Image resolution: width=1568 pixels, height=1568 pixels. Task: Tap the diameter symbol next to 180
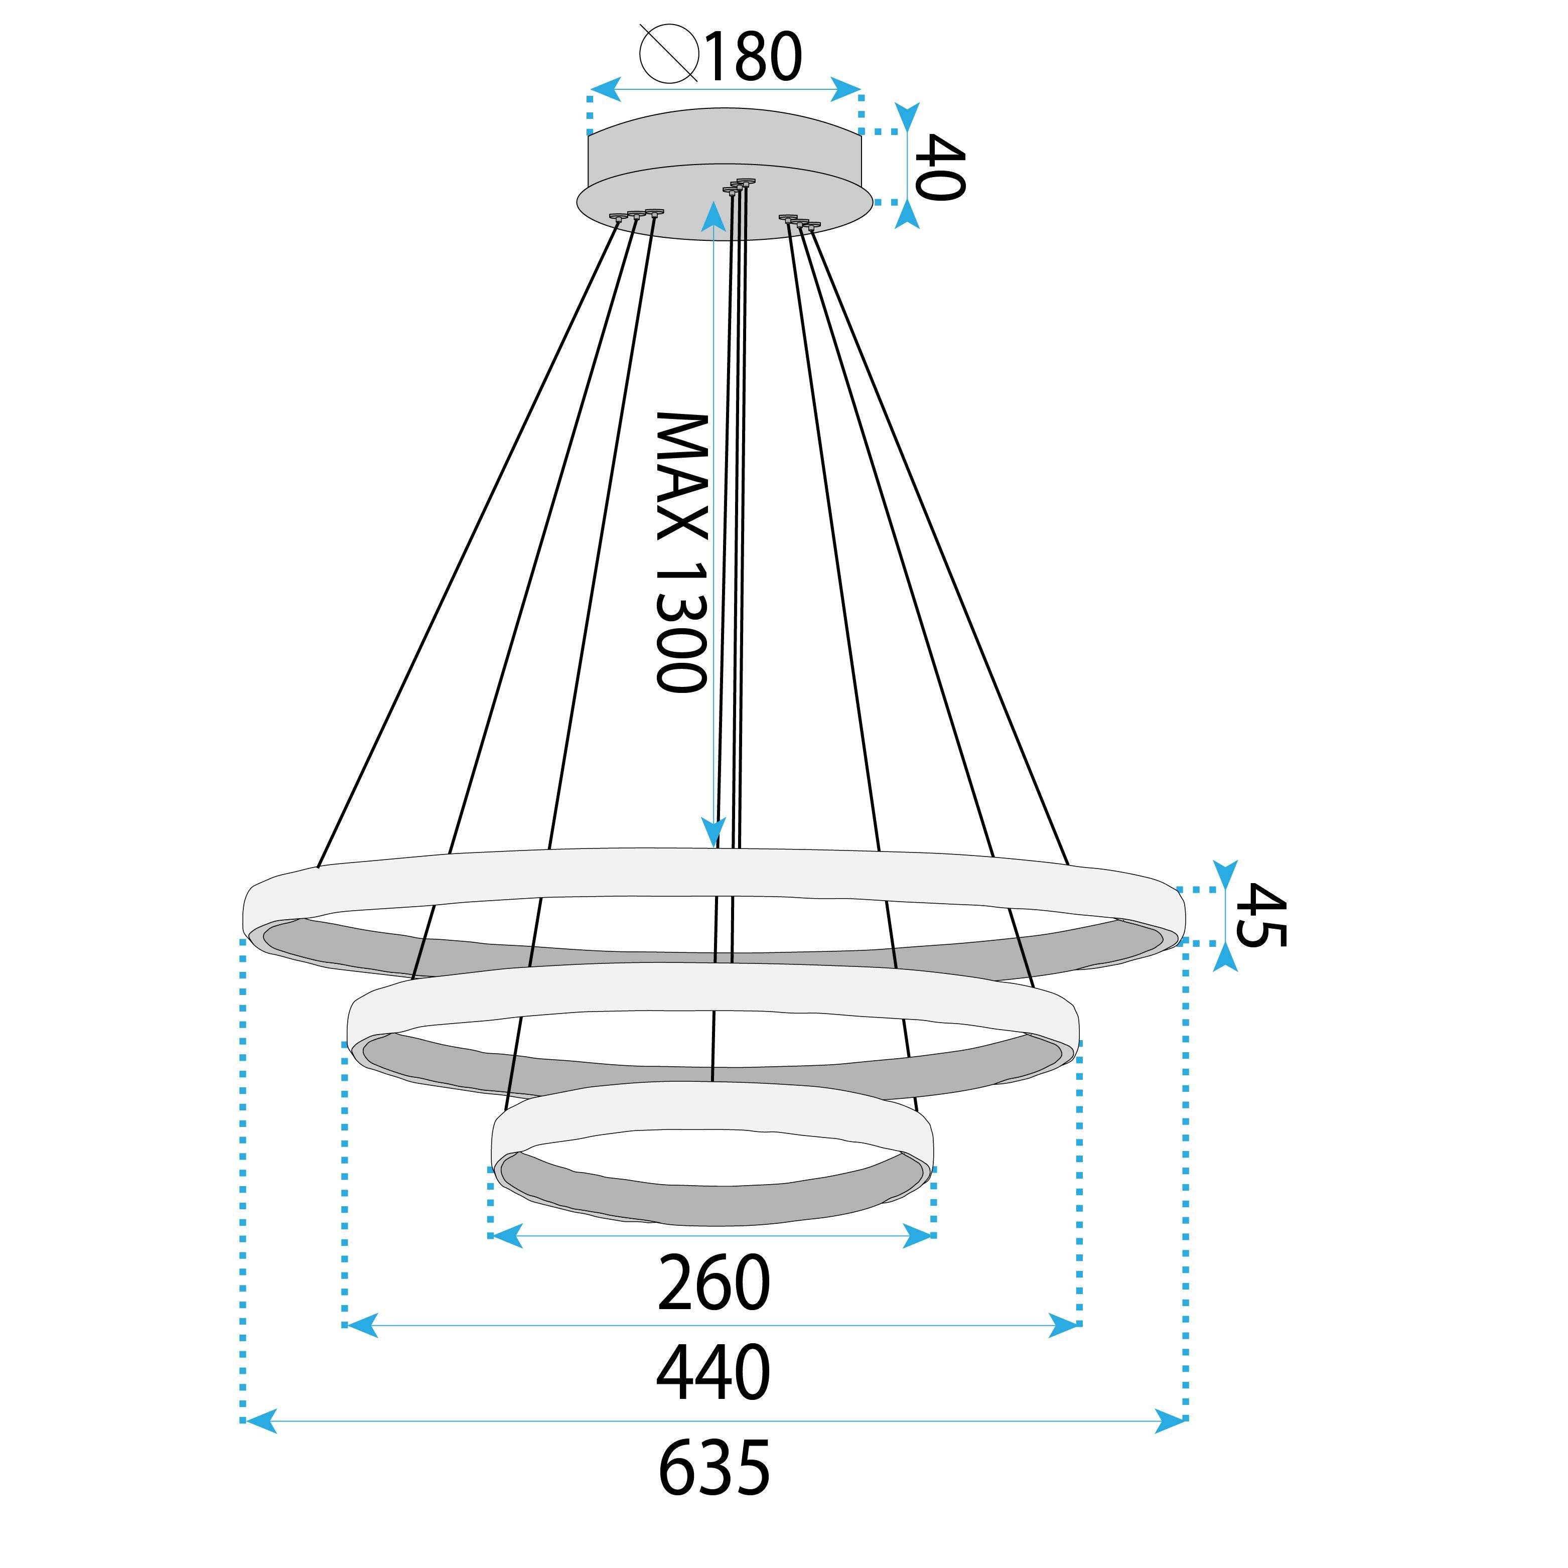(669, 54)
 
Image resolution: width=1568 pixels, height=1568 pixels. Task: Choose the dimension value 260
(714, 1283)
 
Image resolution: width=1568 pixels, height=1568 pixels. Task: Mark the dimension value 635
(714, 1468)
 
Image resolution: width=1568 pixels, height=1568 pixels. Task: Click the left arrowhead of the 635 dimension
(260, 1421)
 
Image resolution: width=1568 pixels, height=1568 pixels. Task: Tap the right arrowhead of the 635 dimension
(1170, 1421)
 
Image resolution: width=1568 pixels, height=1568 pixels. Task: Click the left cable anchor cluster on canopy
(636, 215)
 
